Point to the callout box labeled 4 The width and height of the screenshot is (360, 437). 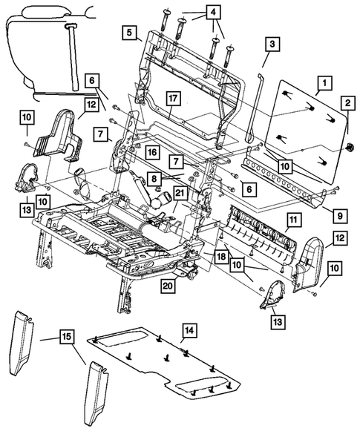click(213, 13)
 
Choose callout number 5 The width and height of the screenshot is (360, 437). click(130, 33)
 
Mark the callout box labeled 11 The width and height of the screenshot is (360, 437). click(294, 220)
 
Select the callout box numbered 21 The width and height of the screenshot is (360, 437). click(181, 194)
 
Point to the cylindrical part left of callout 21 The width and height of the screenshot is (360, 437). click(159, 199)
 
